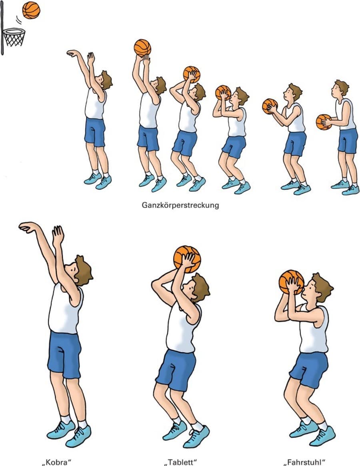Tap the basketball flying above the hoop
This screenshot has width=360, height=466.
pyautogui.click(x=31, y=10)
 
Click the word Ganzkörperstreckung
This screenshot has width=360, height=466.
pyautogui.click(x=180, y=205)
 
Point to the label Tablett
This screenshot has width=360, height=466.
pyautogui.click(x=180, y=462)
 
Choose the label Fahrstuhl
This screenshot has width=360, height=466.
pyautogui.click(x=304, y=462)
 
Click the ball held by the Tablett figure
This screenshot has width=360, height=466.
pyautogui.click(x=187, y=259)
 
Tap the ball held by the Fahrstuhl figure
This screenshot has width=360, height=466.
pyautogui.click(x=291, y=282)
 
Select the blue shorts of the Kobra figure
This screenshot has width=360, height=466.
pyautogui.click(x=64, y=355)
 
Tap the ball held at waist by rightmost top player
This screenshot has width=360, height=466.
pyautogui.click(x=323, y=122)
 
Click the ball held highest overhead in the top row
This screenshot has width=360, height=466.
pyautogui.click(x=142, y=48)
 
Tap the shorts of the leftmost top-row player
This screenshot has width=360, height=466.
pyautogui.click(x=95, y=132)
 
